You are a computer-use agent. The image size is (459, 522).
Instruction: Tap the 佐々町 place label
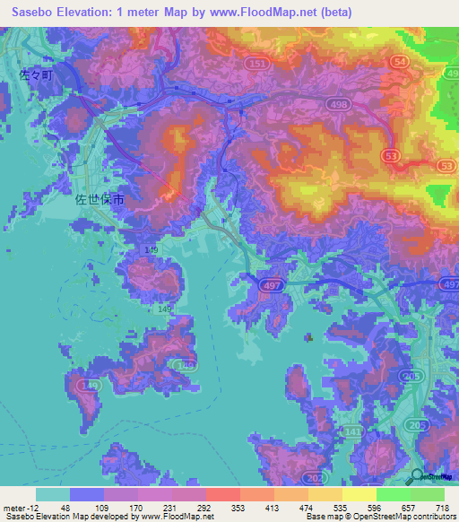(36, 76)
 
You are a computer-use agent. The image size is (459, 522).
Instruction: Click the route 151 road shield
(257, 65)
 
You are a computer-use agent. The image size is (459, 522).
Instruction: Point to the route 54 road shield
(401, 60)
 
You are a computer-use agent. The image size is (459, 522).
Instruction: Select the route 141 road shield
(355, 433)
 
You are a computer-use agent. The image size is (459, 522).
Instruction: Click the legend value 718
(444, 507)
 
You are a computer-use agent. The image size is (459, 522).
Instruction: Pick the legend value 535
(342, 507)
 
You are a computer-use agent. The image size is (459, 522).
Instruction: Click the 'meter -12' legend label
(19, 507)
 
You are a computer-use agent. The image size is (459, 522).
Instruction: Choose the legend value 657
(410, 507)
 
